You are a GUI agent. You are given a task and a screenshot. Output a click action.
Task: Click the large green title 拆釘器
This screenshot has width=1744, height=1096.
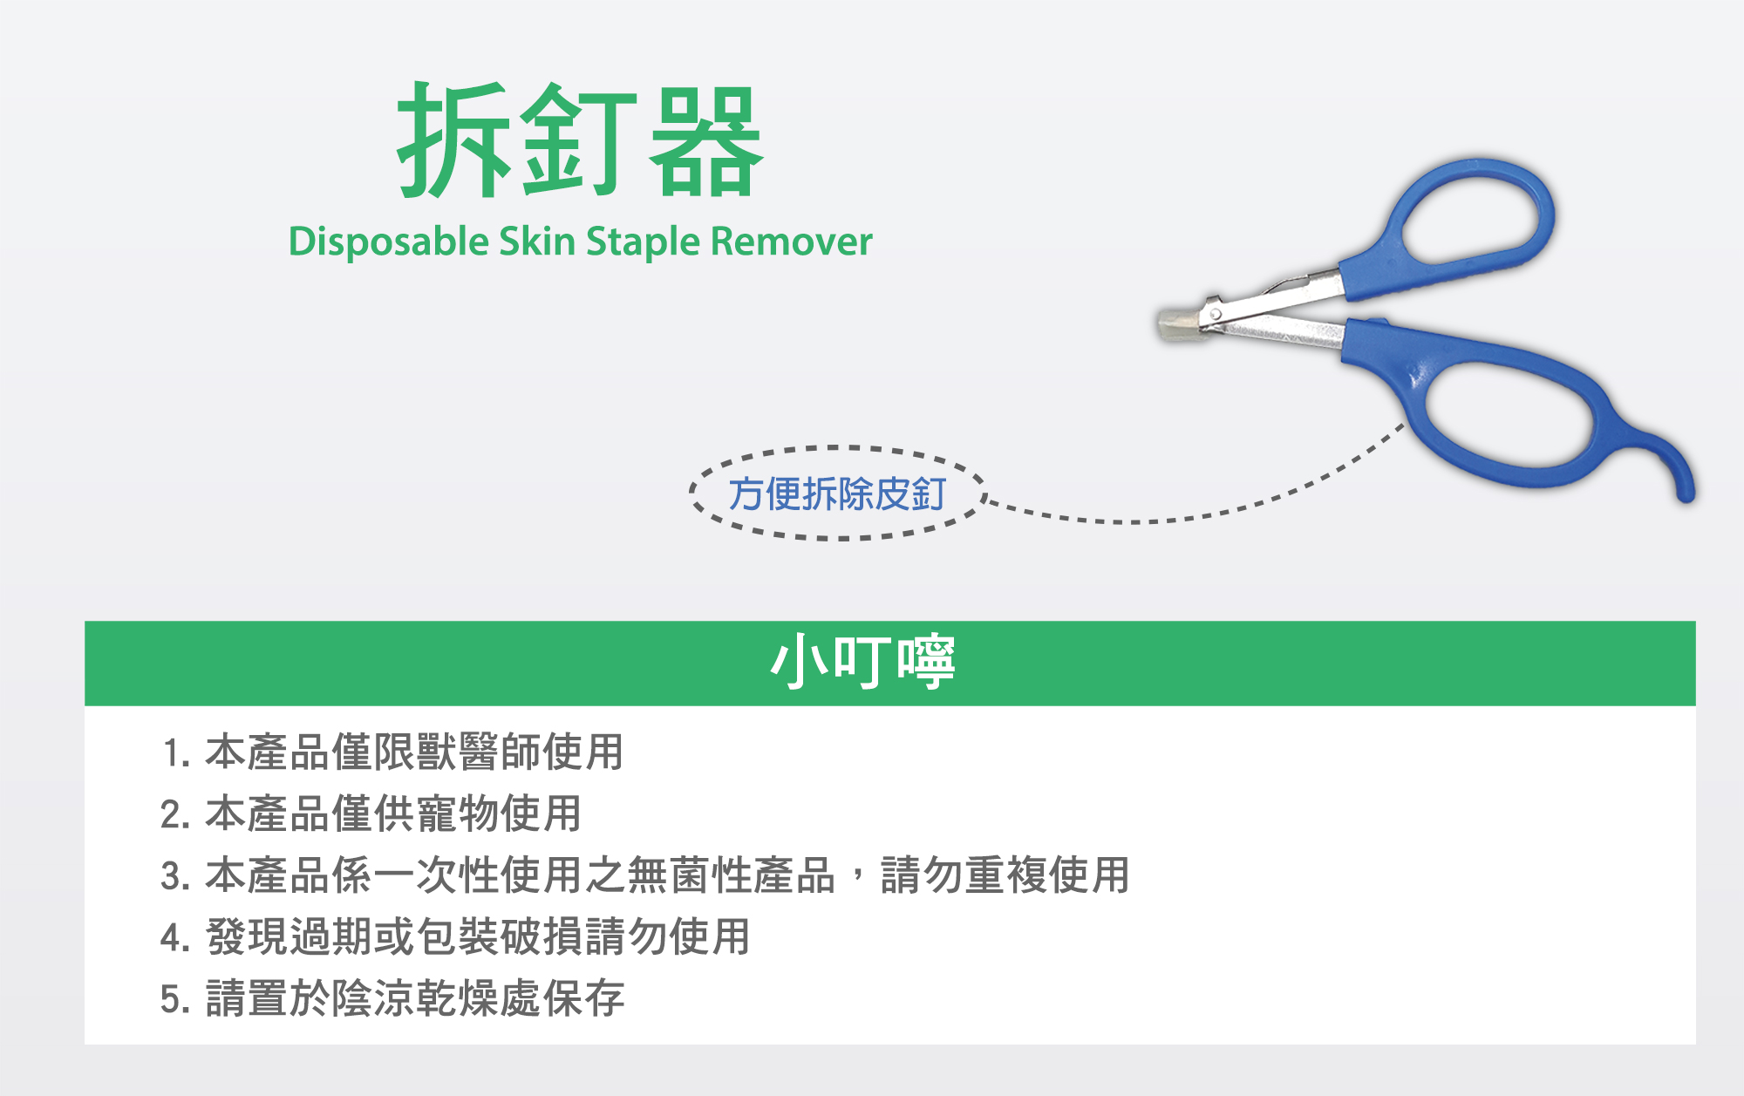580,140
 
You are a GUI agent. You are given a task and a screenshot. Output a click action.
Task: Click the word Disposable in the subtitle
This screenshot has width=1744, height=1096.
389,242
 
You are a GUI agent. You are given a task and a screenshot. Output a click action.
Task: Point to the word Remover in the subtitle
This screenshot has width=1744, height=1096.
792,242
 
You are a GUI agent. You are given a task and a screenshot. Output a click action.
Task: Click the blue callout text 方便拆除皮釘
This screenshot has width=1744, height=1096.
837,494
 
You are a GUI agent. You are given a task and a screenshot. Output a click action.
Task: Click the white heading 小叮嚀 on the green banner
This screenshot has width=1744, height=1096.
862,662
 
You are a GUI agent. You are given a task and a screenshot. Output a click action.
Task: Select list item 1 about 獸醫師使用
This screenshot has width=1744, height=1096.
392,752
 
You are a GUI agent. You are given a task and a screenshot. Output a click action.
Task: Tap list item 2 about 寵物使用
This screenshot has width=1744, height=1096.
371,813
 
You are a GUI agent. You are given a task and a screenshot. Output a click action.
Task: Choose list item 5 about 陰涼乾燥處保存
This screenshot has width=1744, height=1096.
393,998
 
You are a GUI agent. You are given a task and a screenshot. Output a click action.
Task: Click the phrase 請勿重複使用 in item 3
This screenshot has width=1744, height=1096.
1005,875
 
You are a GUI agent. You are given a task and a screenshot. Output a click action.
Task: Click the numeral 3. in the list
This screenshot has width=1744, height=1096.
176,876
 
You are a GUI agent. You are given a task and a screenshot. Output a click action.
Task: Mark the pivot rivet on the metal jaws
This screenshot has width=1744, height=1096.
1215,312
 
